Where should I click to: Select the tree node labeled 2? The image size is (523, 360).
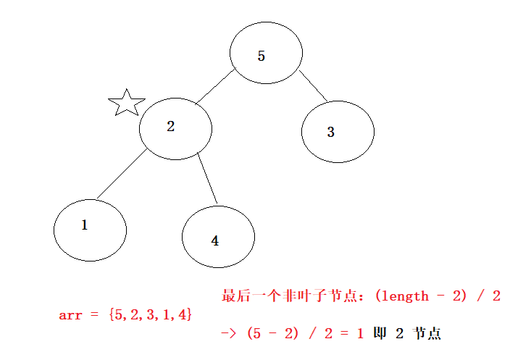175,128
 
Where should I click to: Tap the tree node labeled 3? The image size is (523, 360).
338,132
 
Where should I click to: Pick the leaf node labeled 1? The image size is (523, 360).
90,230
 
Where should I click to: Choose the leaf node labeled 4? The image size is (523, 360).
218,237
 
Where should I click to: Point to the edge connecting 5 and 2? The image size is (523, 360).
215,87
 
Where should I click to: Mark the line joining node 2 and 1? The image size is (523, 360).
121,175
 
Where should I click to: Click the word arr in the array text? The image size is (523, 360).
70,315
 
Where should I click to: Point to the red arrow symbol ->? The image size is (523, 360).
230,334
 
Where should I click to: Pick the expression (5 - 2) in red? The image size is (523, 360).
272,334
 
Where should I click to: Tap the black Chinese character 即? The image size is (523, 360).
379,334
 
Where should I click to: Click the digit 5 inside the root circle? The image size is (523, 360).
261,56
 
